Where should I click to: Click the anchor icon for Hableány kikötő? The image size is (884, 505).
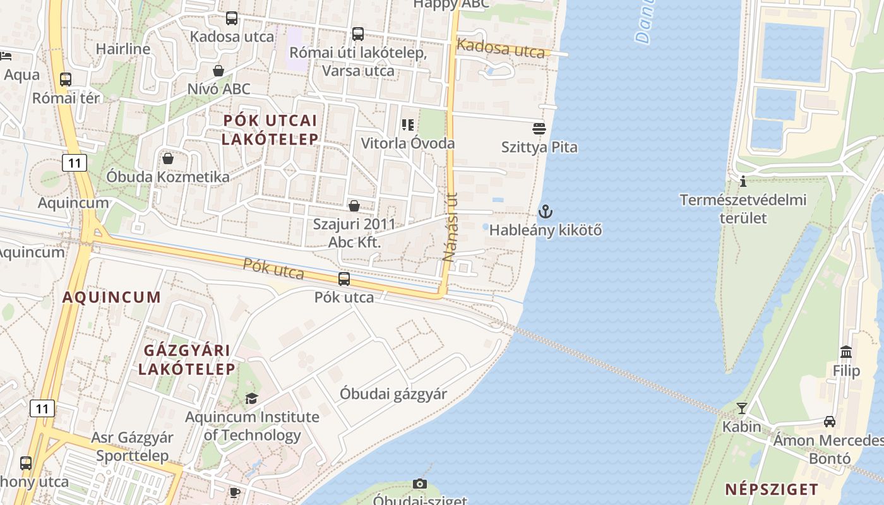pyautogui.click(x=545, y=211)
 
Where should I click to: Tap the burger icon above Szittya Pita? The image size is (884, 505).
pyautogui.click(x=539, y=129)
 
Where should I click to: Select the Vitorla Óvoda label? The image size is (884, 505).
pyautogui.click(x=407, y=143)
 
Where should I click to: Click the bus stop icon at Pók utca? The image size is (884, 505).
pyautogui.click(x=344, y=278)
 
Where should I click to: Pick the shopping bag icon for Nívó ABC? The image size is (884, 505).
pyautogui.click(x=218, y=70)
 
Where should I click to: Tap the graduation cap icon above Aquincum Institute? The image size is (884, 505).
pyautogui.click(x=251, y=398)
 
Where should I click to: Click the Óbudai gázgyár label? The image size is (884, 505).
pyautogui.click(x=393, y=394)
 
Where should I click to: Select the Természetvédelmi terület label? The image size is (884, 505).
pyautogui.click(x=743, y=209)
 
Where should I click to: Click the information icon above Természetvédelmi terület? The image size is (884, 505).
pyautogui.click(x=743, y=182)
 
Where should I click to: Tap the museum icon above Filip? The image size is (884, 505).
pyautogui.click(x=846, y=352)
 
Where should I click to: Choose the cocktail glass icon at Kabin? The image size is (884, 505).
pyautogui.click(x=742, y=408)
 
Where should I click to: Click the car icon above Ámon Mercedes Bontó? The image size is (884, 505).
pyautogui.click(x=830, y=422)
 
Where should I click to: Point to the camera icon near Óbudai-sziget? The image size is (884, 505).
pyautogui.click(x=420, y=484)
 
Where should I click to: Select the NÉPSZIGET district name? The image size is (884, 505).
pyautogui.click(x=772, y=489)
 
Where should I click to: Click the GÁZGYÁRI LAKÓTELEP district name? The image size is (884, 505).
pyautogui.click(x=186, y=360)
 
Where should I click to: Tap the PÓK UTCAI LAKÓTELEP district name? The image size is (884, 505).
pyautogui.click(x=270, y=129)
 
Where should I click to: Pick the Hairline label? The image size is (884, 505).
pyautogui.click(x=123, y=49)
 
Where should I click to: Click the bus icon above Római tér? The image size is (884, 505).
pyautogui.click(x=66, y=80)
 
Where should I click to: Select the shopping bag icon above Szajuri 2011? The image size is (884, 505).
pyautogui.click(x=354, y=206)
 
